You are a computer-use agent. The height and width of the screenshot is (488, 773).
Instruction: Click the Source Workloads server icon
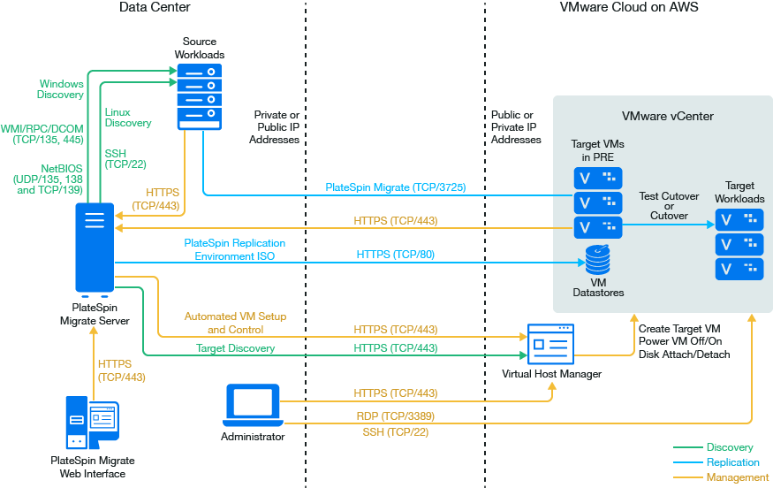[199, 96]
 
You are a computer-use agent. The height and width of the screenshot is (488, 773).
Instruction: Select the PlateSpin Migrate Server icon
[95, 248]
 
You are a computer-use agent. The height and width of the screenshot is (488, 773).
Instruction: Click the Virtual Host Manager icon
[549, 343]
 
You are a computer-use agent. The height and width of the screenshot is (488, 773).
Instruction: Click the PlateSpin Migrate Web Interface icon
[92, 423]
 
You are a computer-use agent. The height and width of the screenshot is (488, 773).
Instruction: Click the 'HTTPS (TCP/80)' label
[395, 255]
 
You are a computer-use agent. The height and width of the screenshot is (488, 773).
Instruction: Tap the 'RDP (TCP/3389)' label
[395, 416]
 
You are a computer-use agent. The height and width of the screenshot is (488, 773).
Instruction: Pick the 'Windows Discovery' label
[61, 89]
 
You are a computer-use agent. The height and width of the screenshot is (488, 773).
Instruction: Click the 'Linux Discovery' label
[128, 118]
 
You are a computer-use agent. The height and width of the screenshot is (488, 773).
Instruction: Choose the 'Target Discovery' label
[235, 348]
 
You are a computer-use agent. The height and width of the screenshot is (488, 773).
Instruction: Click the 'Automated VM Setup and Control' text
[235, 323]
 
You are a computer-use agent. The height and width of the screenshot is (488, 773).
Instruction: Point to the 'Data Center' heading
[155, 7]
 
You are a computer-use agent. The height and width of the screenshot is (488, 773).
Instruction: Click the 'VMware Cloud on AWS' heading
[630, 7]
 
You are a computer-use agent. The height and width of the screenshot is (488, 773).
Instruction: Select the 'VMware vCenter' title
[667, 116]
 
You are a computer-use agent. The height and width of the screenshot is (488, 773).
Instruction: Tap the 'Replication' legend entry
[732, 462]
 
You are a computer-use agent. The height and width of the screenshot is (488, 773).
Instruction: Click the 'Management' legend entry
[738, 477]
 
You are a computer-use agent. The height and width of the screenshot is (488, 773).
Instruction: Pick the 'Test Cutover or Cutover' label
[669, 206]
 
